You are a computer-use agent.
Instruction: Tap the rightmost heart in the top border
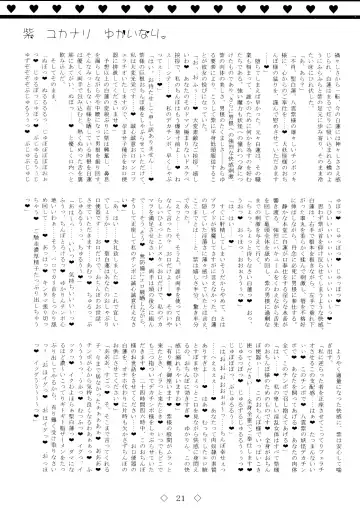pyautogui.click(x=352, y=7)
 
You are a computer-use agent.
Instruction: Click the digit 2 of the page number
pyautogui.click(x=176, y=500)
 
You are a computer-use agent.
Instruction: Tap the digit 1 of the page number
pyautogui.click(x=184, y=500)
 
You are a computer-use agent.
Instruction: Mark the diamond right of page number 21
pyautogui.click(x=198, y=500)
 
